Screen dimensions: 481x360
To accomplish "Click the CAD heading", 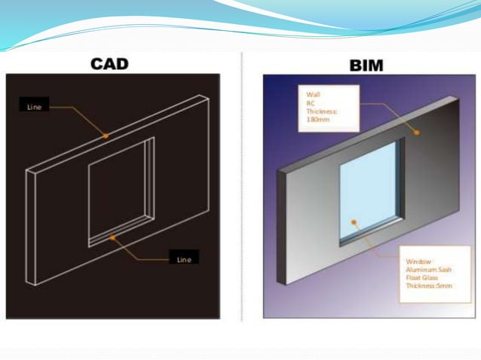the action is [x=109, y=63].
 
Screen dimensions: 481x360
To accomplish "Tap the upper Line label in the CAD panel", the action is [x=35, y=107].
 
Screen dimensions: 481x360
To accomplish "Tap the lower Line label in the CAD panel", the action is [x=184, y=259].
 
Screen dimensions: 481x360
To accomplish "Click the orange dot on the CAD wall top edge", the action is [x=106, y=136].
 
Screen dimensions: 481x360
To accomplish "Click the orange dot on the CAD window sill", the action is [x=113, y=237].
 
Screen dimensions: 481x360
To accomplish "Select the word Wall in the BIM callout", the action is [x=313, y=95].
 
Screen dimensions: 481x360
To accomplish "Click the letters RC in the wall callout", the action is [x=310, y=103].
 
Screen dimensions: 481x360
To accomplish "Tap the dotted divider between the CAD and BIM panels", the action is [x=240, y=188].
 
